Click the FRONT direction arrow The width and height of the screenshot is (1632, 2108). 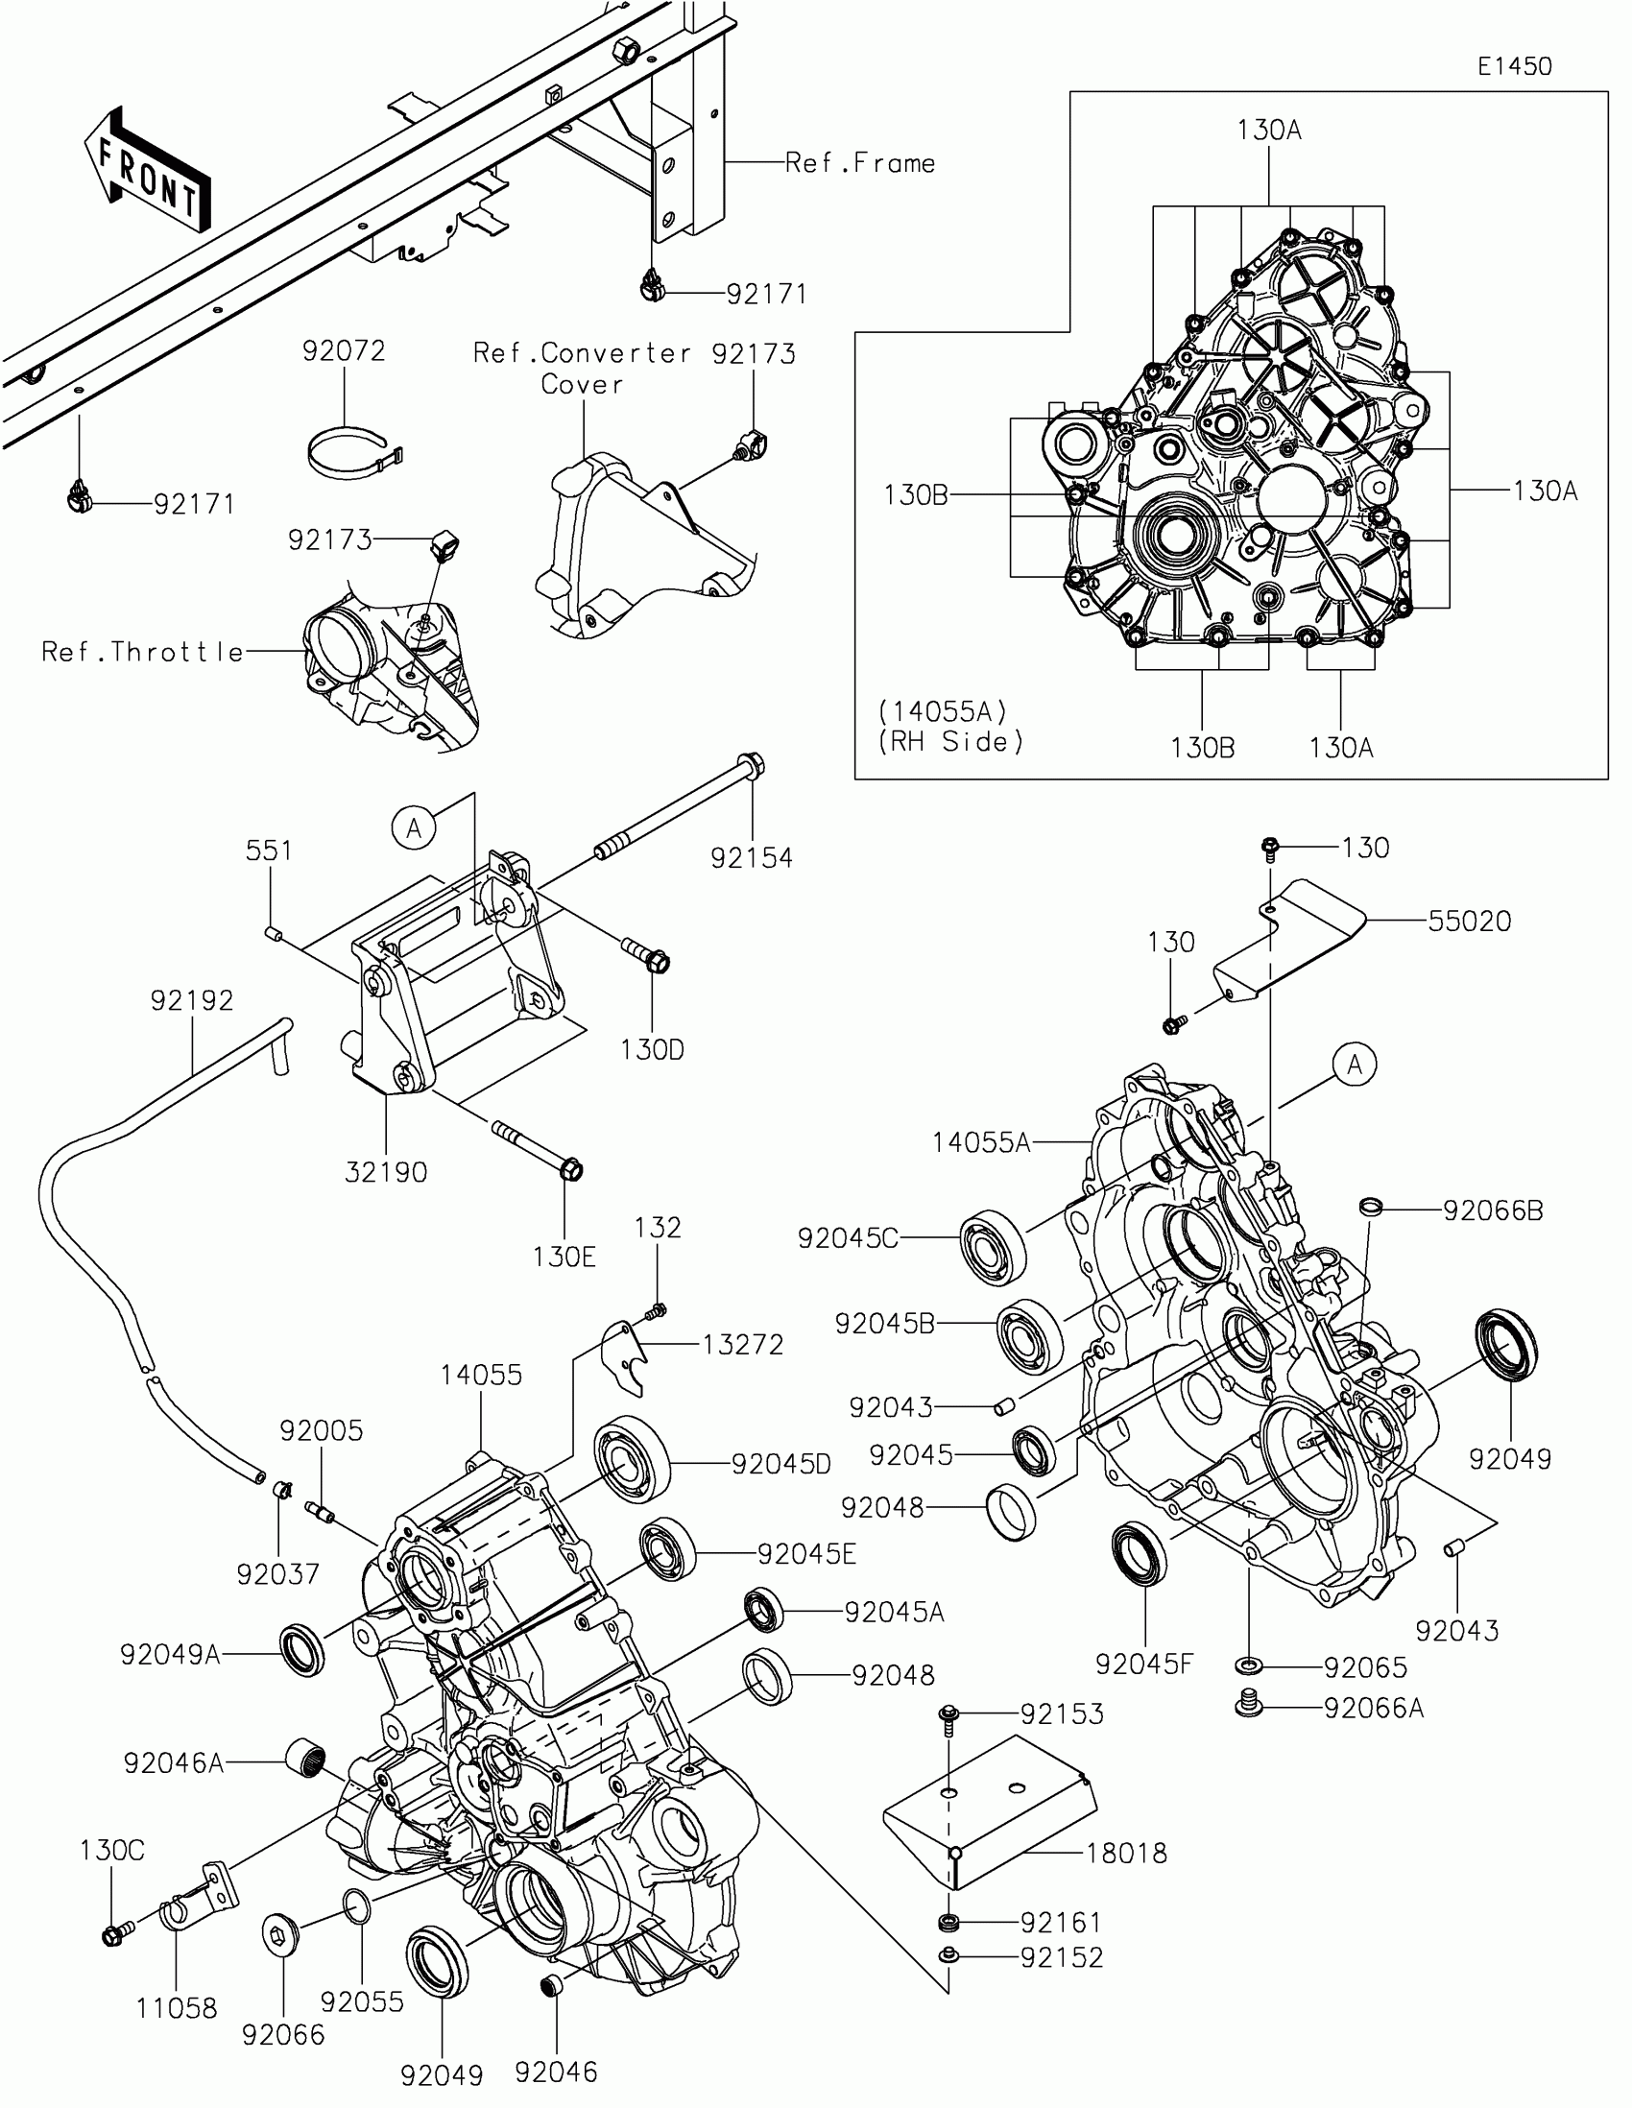[x=147, y=172]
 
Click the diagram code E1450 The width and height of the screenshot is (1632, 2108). [x=1514, y=66]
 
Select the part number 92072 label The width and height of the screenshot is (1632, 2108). [x=344, y=350]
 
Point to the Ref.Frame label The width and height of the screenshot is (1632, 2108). [x=860, y=163]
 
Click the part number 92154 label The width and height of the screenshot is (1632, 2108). [x=751, y=857]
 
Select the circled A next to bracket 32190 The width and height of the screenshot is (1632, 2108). [x=414, y=827]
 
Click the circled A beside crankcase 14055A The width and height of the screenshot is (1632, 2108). [x=1354, y=1065]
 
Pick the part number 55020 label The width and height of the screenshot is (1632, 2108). [x=1469, y=921]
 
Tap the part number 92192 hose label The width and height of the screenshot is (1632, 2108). [x=192, y=1000]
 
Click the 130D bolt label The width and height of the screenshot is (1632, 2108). [x=653, y=1049]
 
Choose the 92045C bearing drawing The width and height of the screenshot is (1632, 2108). [x=992, y=1245]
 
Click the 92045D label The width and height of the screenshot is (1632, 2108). [x=780, y=1463]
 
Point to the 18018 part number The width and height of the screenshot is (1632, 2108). [x=1126, y=1853]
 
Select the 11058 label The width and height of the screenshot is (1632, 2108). [x=177, y=2007]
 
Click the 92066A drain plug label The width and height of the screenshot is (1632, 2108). [x=1374, y=1708]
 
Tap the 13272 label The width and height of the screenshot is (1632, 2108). [x=742, y=1344]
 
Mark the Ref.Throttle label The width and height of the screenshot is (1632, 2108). [x=143, y=653]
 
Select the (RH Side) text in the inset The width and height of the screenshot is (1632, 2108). [x=950, y=742]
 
